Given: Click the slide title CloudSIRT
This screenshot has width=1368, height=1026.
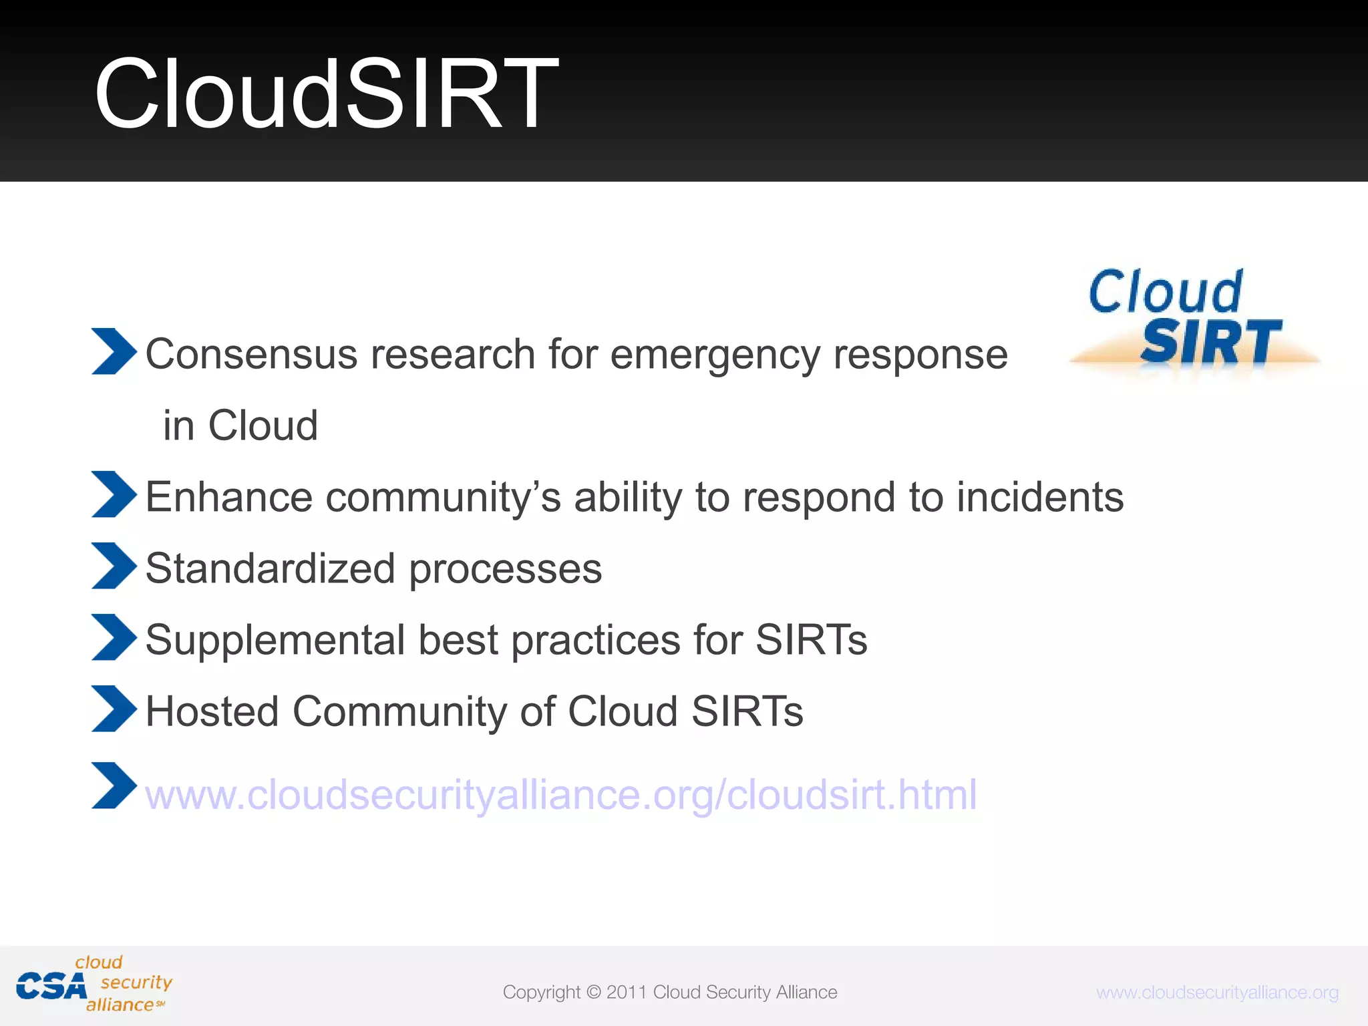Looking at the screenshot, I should point(326,94).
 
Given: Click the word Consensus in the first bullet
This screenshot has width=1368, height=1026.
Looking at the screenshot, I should point(251,354).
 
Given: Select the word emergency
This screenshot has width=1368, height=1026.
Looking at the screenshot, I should point(715,355).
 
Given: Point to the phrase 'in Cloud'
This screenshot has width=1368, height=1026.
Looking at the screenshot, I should point(240,425).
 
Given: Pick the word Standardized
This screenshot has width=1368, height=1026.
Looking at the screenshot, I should point(271,568).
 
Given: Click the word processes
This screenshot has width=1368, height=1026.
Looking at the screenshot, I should point(505,570).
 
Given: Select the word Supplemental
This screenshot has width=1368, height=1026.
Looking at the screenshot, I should point(275,640).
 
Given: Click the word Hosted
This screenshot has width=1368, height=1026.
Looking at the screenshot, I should point(212,711).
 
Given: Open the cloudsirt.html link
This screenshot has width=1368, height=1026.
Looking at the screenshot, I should point(561,795).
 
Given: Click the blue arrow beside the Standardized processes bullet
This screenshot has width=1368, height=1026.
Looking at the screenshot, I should point(114,566).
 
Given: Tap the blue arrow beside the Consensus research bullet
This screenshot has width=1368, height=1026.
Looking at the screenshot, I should point(114,351).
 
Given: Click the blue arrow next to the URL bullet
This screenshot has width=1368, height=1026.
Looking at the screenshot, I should point(114,786).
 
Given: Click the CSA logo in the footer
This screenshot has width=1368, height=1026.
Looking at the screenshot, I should point(94,985).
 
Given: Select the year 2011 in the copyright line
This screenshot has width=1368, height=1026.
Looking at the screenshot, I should point(627,992).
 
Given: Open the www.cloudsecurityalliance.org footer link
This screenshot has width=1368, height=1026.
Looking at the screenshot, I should point(1217,993).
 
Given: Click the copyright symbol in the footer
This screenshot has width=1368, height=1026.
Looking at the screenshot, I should point(593,992).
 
